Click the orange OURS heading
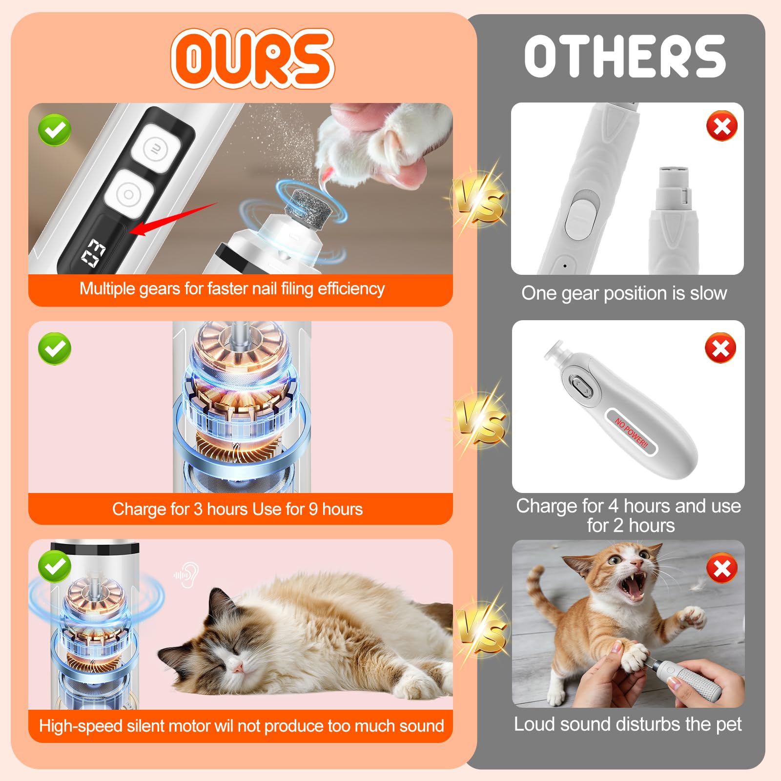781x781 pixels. pos(252,59)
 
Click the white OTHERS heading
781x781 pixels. pos(625,57)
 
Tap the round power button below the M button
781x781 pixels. pos(128,194)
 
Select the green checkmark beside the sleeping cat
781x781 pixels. pos(55,566)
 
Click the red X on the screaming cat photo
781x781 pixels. pos(722,569)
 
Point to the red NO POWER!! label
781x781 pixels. pos(631,433)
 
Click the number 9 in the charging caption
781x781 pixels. pos(313,509)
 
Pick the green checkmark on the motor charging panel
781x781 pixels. pos(55,349)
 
